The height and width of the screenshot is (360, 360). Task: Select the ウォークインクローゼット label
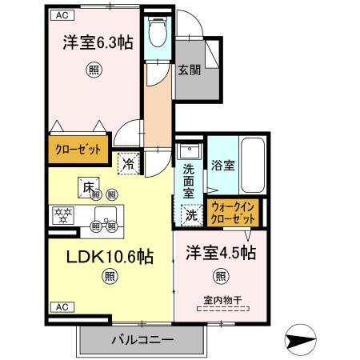[x=232, y=213]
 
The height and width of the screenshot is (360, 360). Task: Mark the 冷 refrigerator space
[x=130, y=162]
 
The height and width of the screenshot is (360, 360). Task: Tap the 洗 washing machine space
[x=192, y=214]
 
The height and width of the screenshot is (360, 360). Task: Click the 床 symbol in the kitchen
[x=86, y=187]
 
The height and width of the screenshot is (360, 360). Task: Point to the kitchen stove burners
[x=62, y=214]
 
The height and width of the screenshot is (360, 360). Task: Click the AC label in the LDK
[x=61, y=306]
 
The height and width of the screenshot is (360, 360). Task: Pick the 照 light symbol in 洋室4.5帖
[x=218, y=277]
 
